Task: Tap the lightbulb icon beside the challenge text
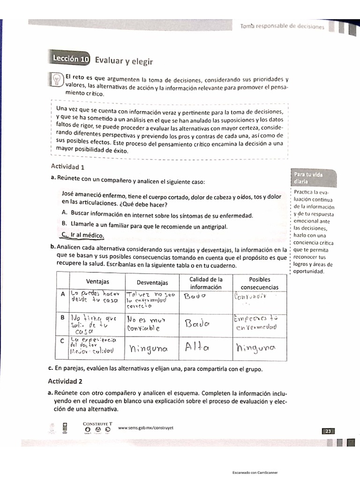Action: click(56, 79)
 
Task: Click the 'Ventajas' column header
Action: click(97, 282)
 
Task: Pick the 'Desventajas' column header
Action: click(152, 283)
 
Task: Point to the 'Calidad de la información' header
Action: click(206, 283)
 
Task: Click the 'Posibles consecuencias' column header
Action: click(260, 283)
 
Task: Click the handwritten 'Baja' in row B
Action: click(197, 324)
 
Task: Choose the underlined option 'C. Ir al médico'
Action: click(82, 235)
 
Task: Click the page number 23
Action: click(328, 430)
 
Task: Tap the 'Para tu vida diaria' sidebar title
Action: click(308, 178)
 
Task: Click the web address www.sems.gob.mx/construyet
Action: click(143, 427)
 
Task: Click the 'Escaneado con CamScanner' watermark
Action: click(255, 472)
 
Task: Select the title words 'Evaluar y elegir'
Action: click(124, 60)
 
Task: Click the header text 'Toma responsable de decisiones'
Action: click(282, 27)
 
